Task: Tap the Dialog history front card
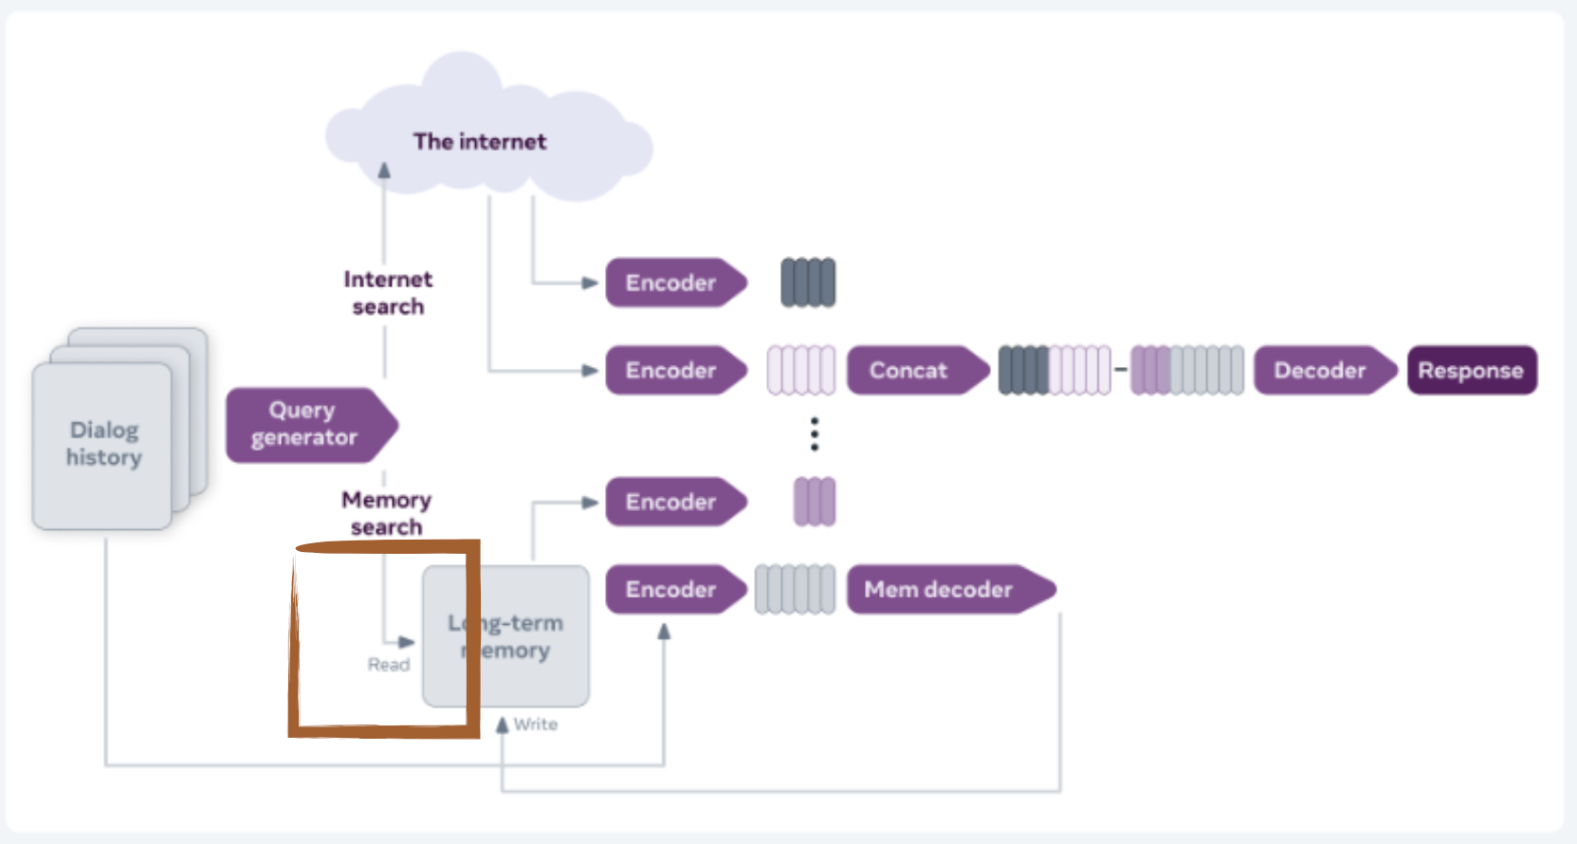(102, 445)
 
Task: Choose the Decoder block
(1322, 370)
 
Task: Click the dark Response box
(1471, 370)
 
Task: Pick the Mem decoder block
(944, 589)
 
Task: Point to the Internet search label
(388, 292)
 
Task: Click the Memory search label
(386, 512)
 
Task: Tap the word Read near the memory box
(389, 665)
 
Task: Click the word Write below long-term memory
(536, 725)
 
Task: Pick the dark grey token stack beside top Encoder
(808, 283)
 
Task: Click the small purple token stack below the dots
(814, 502)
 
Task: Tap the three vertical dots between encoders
(814, 433)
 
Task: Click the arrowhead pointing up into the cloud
(384, 171)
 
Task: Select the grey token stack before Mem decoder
(795, 589)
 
